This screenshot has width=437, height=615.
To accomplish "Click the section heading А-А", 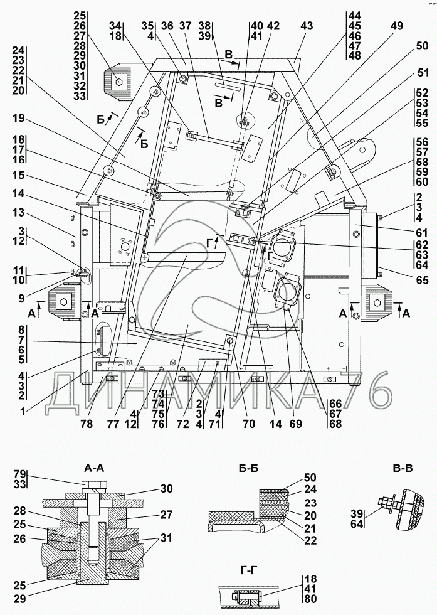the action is coord(94,468).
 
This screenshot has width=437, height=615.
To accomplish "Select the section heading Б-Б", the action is coord(248,468).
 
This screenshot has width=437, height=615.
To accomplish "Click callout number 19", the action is coord(18,118).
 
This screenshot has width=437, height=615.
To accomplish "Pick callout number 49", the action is coord(397,26).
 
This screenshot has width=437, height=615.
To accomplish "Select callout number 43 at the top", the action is coord(307,26).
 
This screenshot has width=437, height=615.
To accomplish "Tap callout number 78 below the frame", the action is coord(87,424).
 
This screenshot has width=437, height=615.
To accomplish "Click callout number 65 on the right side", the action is coord(422,280).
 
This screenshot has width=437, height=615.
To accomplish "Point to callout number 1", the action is coord(23,412).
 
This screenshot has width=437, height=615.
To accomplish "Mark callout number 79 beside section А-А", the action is coord(20,474).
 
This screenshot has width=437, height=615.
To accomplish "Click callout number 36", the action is coord(167,26).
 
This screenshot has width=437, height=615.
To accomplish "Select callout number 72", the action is coord(182,424).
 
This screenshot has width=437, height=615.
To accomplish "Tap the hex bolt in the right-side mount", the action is coord(377,302).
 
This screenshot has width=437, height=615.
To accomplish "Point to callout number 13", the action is coord(18,212).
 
